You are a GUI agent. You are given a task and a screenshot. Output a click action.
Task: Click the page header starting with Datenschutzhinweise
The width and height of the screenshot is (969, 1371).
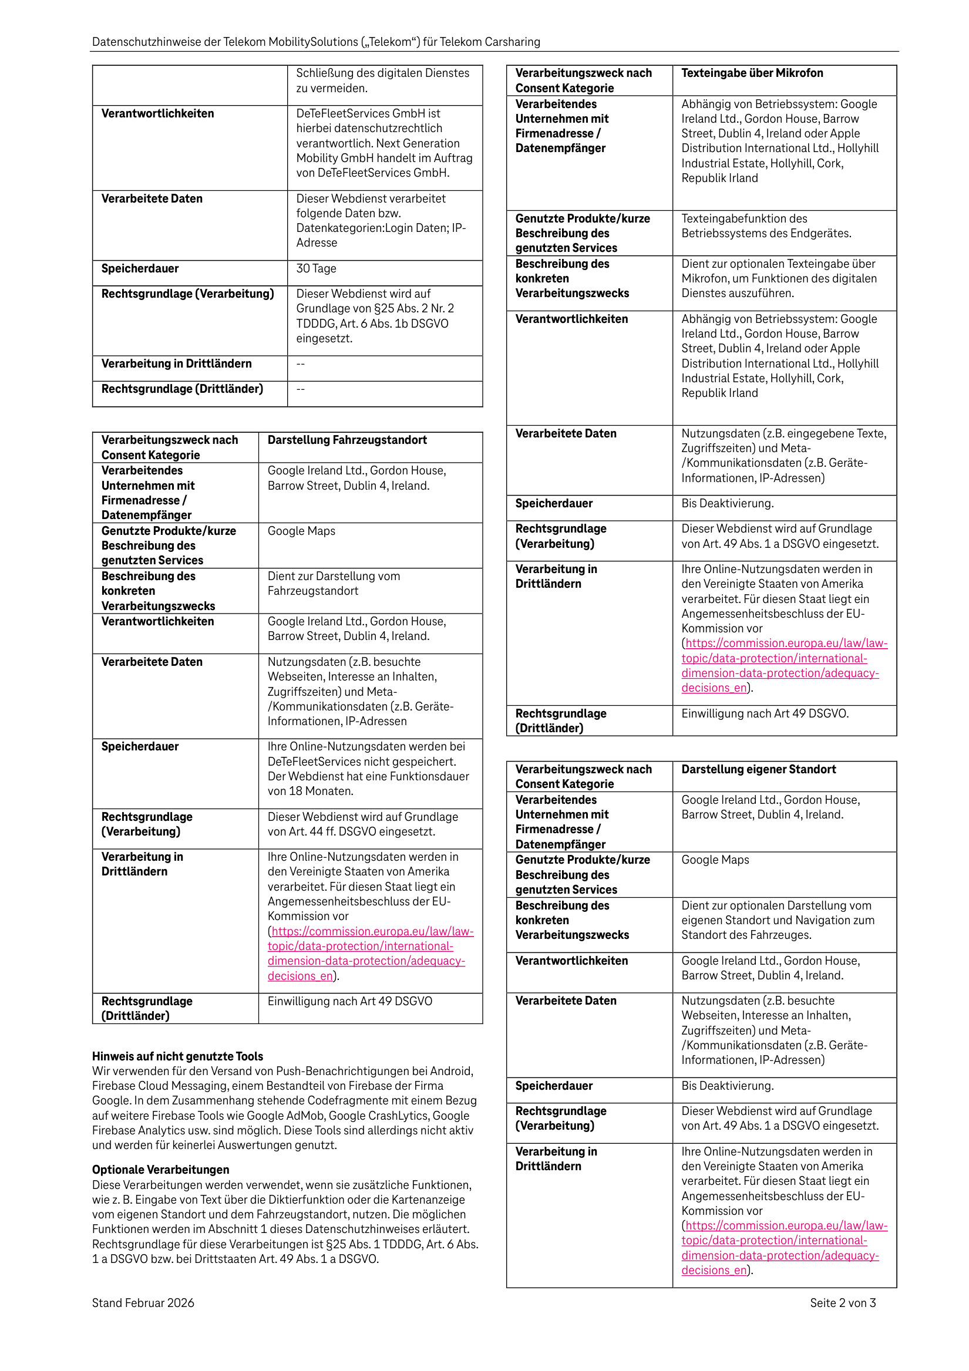tap(315, 42)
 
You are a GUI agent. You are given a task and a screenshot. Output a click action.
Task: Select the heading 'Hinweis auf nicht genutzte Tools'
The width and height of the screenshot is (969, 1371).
tap(177, 1056)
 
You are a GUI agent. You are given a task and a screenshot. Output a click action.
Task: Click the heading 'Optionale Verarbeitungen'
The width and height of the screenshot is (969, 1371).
tap(161, 1170)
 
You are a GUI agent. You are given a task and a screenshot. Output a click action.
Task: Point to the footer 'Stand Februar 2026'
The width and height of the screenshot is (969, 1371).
tap(143, 1303)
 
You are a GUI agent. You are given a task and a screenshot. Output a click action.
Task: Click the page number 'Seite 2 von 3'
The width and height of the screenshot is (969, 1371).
tap(842, 1303)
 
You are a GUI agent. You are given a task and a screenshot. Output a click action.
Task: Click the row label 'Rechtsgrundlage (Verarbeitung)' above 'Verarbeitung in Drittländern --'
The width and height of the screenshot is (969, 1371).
tap(187, 294)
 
